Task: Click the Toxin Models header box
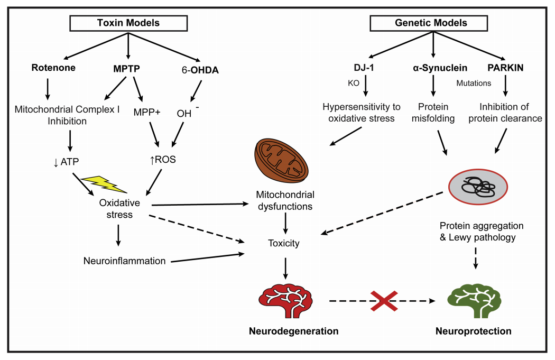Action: (x=128, y=23)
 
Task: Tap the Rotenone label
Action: (x=53, y=68)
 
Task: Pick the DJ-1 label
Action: (x=364, y=68)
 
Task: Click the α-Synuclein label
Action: (x=433, y=68)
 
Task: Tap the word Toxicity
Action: (x=284, y=244)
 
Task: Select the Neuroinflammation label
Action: (x=125, y=261)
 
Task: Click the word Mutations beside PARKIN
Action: (x=474, y=83)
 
